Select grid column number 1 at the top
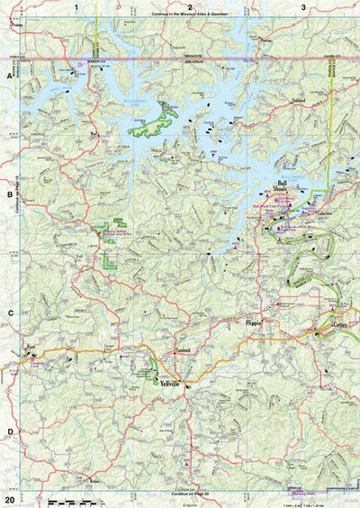pos(78,7)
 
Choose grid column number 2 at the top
pos(191,7)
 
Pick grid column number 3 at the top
pos(304,7)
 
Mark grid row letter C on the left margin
pos(10,313)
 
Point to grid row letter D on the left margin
pos(10,431)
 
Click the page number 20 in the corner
pos(9,499)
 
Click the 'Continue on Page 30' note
pos(191,494)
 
